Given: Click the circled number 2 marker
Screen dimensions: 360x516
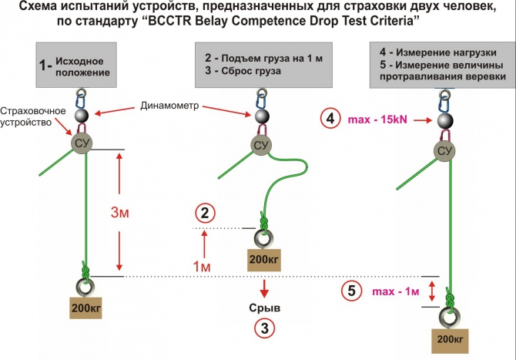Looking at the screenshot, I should coord(203,212).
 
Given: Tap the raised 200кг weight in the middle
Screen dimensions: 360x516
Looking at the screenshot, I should coord(263,260).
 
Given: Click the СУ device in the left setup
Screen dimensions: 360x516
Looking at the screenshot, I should coord(82,143).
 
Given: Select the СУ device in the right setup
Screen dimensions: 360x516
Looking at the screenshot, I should coord(444,150).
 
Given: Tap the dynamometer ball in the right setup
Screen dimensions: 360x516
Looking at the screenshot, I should coord(444,121).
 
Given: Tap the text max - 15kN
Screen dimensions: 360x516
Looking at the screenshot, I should coord(378,119).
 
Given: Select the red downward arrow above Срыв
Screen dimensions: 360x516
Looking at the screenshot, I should coord(264,288).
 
